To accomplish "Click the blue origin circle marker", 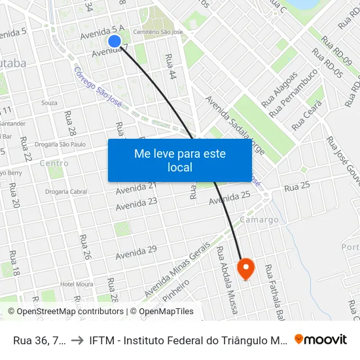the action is pyautogui.click(x=115, y=41).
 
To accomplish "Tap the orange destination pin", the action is pyautogui.click(x=245, y=268).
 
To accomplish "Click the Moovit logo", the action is pyautogui.click(x=321, y=339).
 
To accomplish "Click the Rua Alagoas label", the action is pyautogui.click(x=279, y=89).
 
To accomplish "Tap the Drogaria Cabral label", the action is pyautogui.click(x=66, y=192).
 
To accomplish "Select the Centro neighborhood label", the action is pyautogui.click(x=54, y=163).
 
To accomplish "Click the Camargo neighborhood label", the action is pyautogui.click(x=259, y=220).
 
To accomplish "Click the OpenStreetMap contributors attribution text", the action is pyautogui.click(x=65, y=312).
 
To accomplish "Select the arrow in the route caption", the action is pyautogui.click(x=77, y=339).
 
